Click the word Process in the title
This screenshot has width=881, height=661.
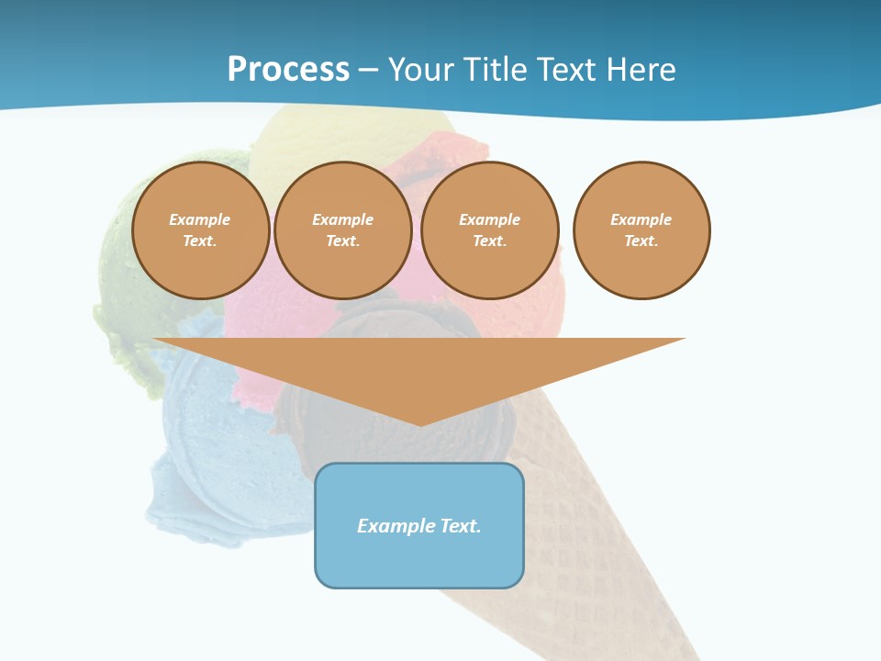pos(288,69)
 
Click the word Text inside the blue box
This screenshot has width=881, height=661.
pos(461,526)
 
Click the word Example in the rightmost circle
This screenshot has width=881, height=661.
pos(641,219)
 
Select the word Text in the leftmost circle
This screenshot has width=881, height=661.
pos(199,241)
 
